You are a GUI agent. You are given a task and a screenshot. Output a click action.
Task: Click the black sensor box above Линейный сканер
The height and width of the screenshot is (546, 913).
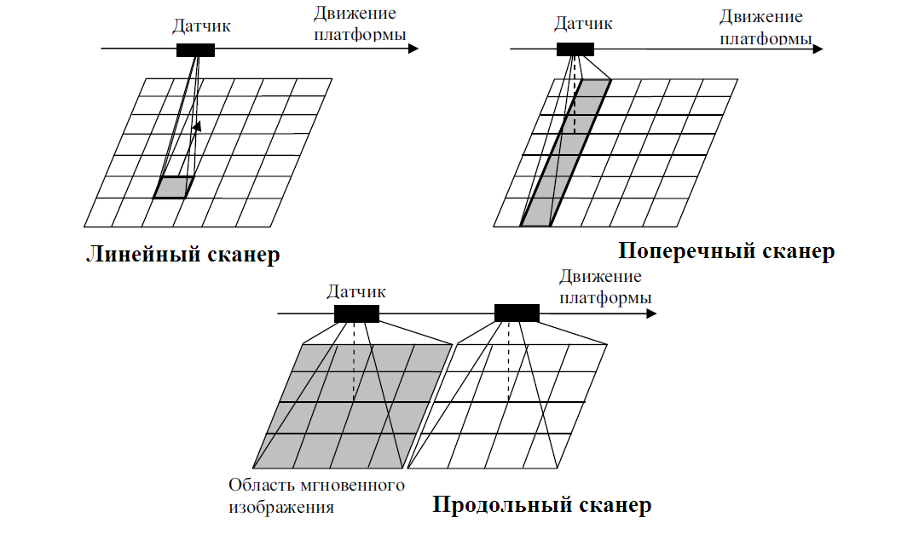pos(195,49)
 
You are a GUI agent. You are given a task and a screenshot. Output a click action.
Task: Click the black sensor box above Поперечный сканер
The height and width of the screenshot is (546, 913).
pos(575,49)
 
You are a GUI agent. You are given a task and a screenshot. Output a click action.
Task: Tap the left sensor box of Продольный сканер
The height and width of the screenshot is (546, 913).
pos(356,313)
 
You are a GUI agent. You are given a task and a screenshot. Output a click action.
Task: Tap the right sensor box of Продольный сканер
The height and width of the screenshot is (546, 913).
pos(517,313)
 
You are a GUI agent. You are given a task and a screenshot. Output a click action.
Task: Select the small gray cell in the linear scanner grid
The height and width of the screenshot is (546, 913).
pos(173,187)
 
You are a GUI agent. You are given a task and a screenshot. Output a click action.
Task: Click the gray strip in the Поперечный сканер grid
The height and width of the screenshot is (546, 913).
pos(563,153)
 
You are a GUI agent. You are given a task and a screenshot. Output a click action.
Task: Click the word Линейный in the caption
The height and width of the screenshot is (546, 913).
pos(141,255)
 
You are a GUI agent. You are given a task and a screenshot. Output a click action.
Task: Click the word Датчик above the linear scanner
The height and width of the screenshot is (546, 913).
pos(201,26)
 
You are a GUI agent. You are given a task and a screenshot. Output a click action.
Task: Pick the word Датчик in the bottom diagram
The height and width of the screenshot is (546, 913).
pos(355,291)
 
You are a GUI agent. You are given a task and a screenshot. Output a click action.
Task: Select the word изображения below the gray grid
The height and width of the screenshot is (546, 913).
pos(280,508)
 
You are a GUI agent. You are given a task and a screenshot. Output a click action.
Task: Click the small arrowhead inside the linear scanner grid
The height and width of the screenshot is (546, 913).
pos(197,126)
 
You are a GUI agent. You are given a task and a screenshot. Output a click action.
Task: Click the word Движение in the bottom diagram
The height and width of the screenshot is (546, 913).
pos(600,276)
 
